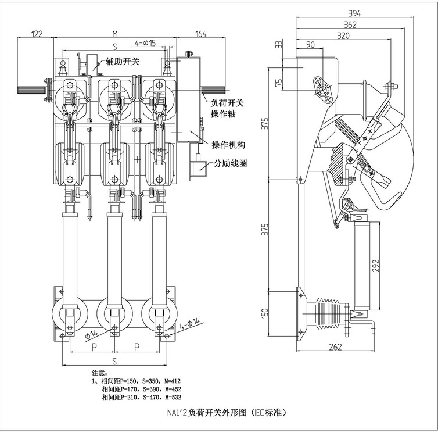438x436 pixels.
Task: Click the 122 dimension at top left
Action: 36,34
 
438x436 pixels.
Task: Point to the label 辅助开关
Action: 122,60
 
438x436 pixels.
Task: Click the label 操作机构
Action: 228,145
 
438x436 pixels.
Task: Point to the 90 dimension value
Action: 309,45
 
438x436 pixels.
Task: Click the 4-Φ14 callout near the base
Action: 190,324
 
